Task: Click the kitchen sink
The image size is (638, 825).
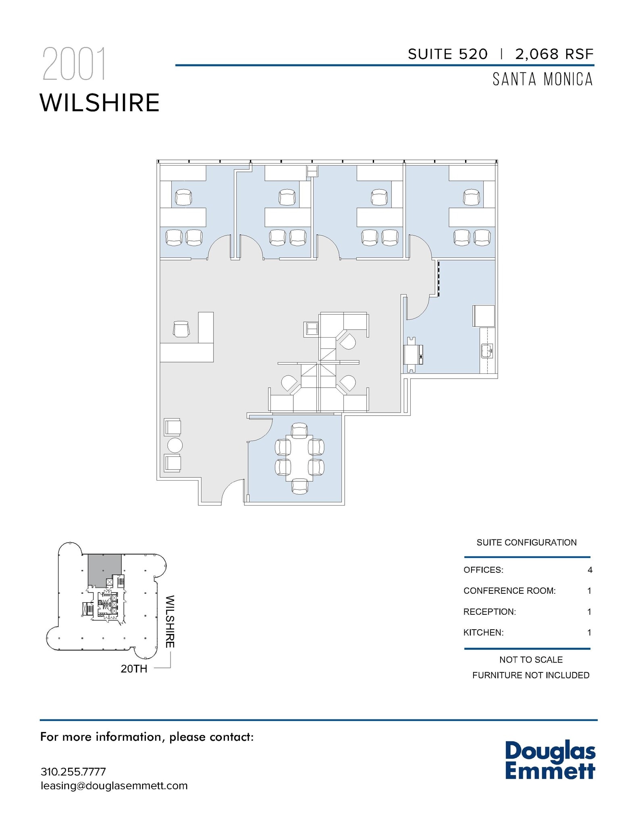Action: tap(487, 351)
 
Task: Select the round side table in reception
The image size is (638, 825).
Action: tap(175, 446)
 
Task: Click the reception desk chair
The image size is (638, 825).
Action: tap(181, 329)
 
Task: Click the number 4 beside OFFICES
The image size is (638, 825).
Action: tap(590, 570)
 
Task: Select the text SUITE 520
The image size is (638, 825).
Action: tap(447, 54)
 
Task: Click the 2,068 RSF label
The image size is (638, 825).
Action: tap(554, 54)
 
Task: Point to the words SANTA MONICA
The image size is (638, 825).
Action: tap(542, 79)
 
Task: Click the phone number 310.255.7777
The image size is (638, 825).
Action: tap(73, 772)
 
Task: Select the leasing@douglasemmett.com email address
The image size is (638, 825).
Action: tap(114, 786)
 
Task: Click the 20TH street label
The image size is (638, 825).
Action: tap(134, 669)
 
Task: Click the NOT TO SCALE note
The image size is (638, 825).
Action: tap(530, 660)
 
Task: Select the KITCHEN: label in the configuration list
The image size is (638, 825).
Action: tap(483, 632)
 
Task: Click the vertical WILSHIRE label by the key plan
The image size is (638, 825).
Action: tap(170, 622)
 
